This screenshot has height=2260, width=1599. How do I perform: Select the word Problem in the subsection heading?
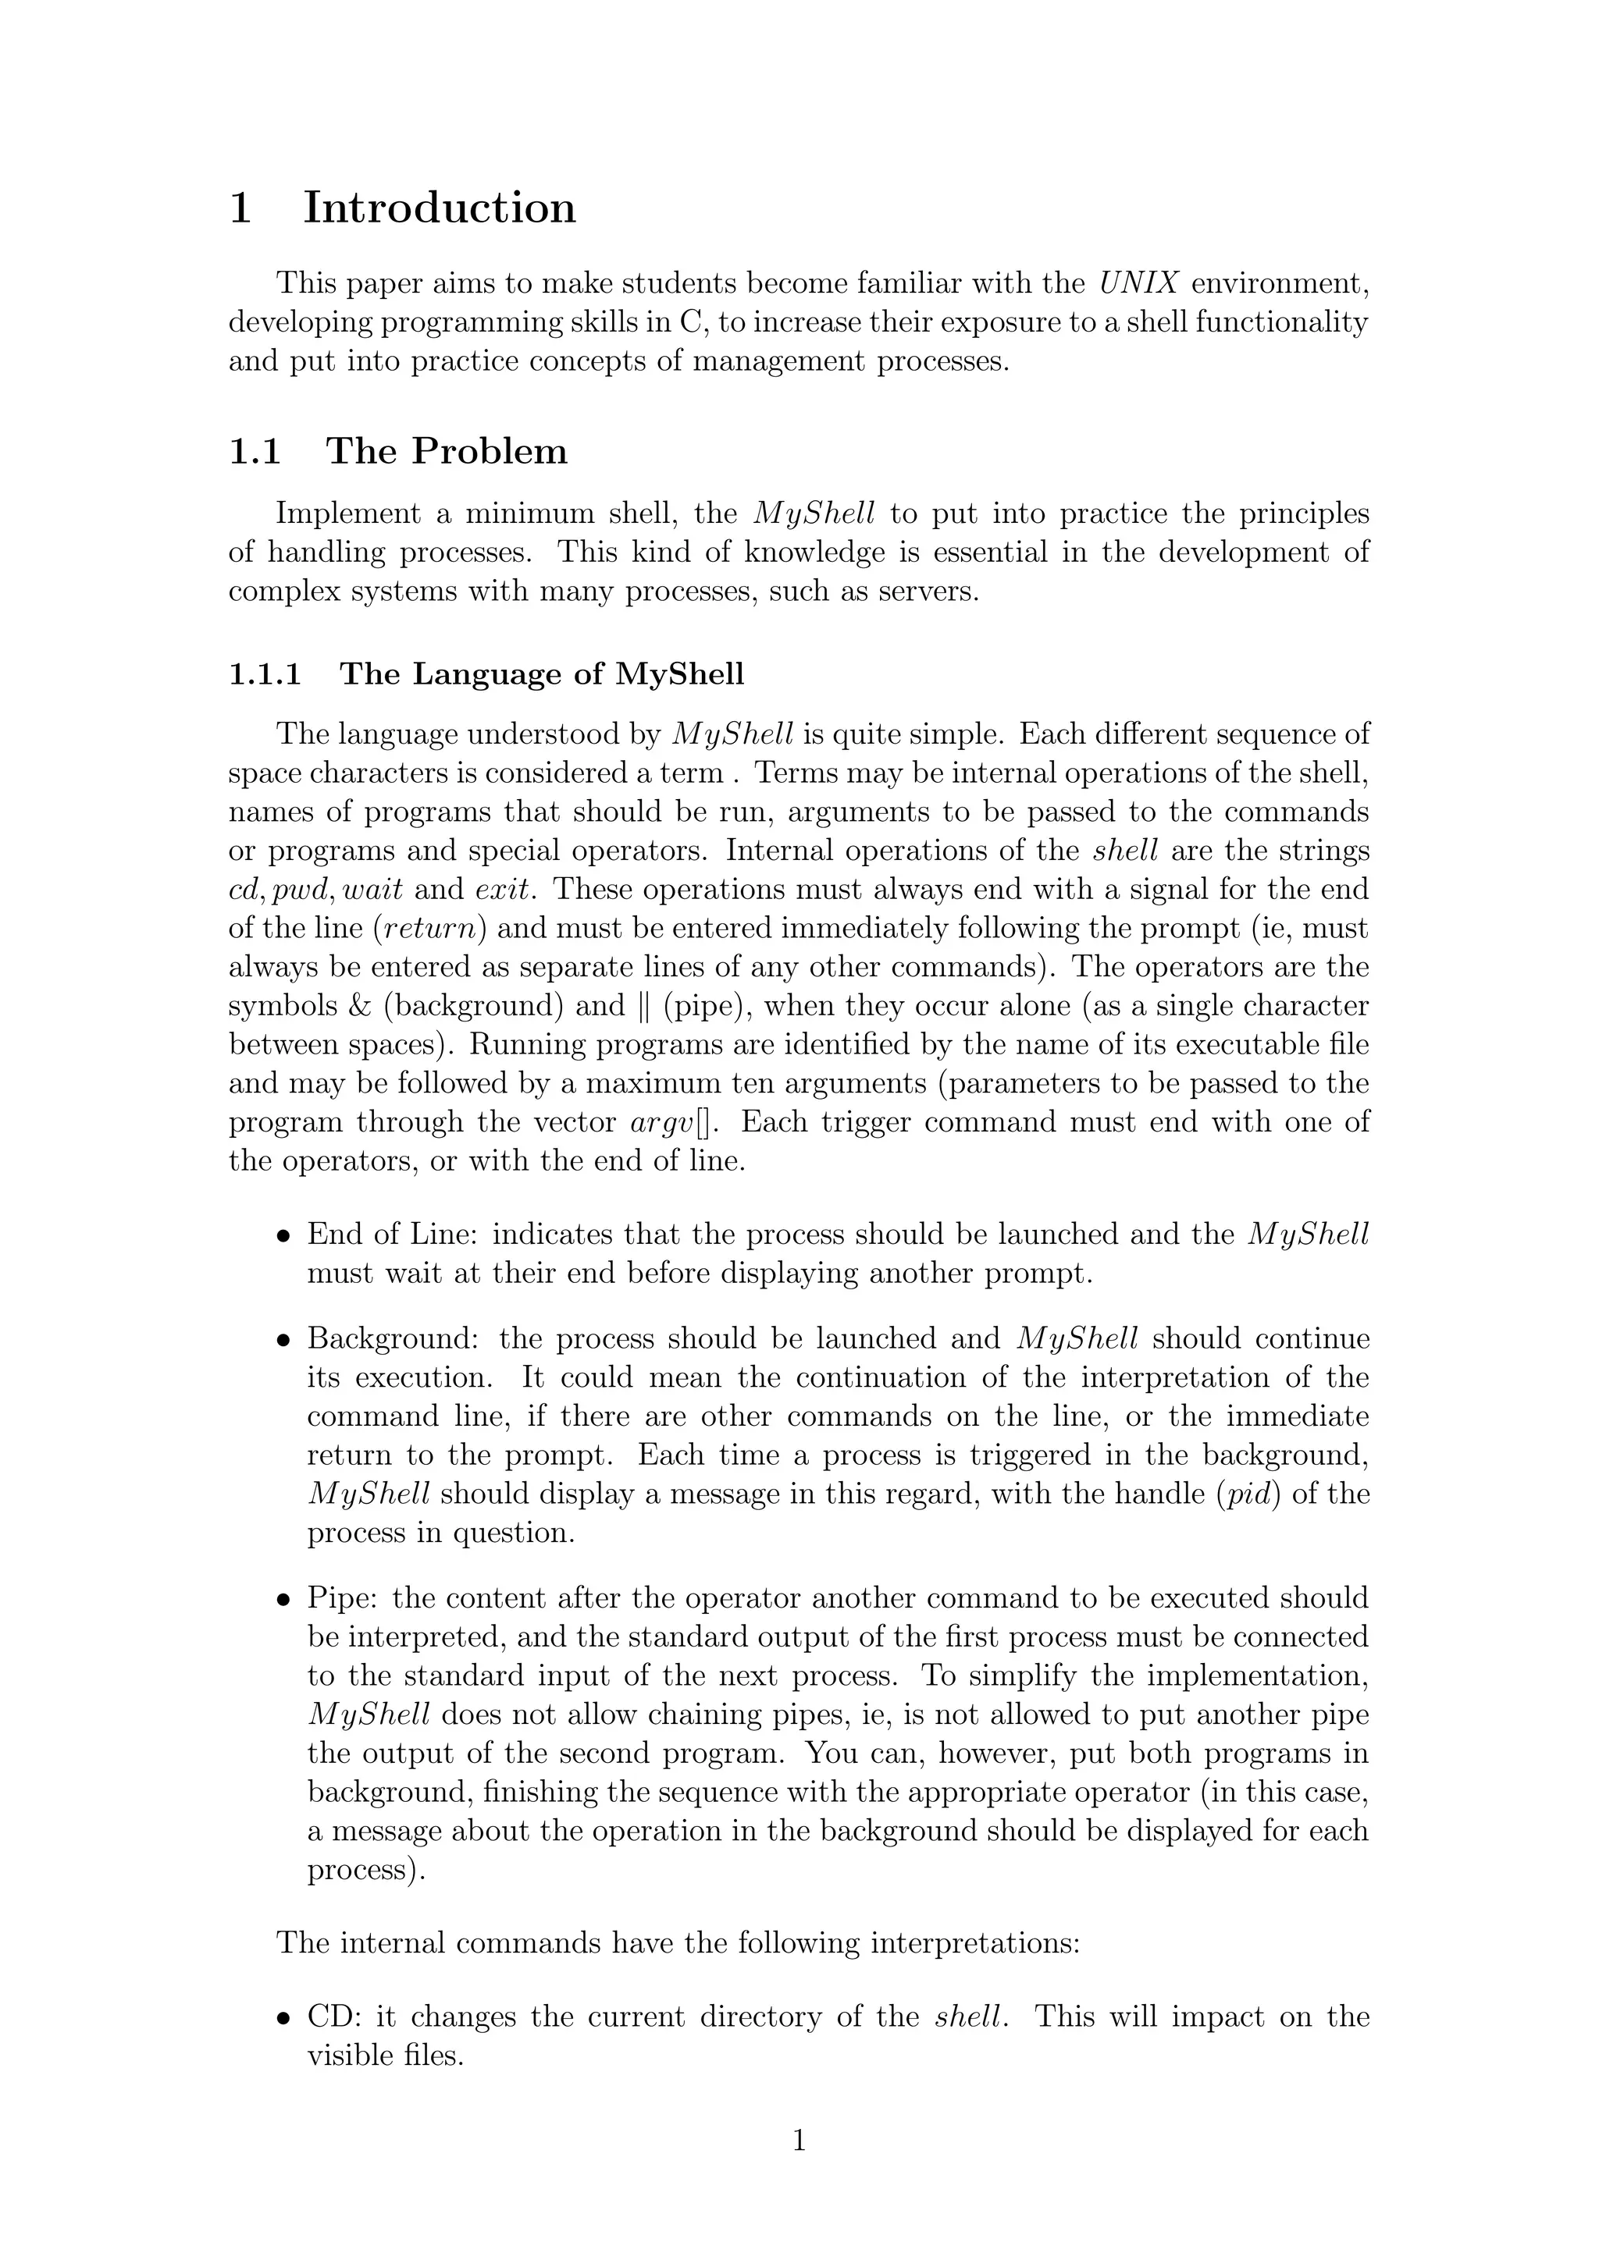pos(490,452)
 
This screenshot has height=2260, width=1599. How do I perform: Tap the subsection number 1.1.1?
pos(265,674)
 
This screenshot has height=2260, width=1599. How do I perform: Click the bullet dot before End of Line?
pos(283,1236)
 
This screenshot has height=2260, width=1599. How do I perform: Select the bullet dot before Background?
pos(283,1341)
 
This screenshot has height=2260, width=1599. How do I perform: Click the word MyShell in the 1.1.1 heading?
pos(679,675)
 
